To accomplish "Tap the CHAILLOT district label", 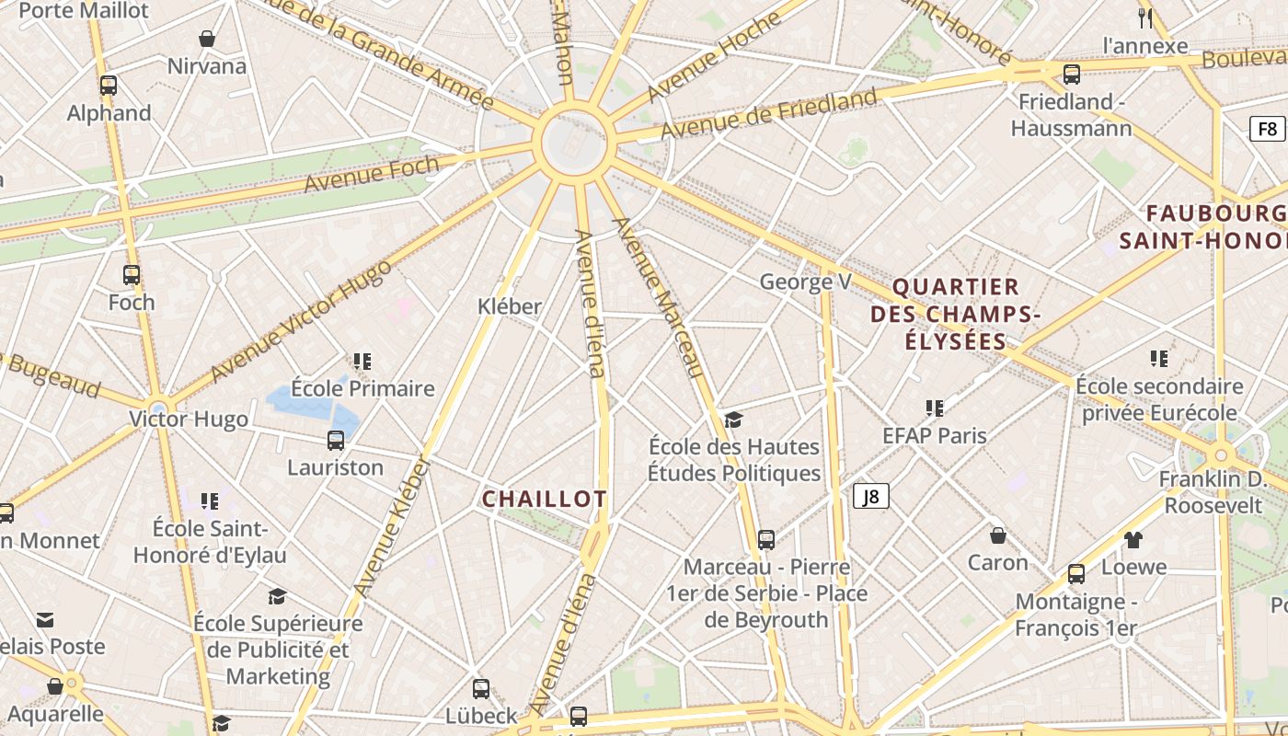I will tap(545, 499).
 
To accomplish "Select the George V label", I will tap(805, 282).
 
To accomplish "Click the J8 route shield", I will tap(870, 497).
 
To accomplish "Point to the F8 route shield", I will tap(1268, 129).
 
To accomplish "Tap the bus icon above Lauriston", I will tap(336, 441).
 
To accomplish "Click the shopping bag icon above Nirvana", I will tap(207, 39).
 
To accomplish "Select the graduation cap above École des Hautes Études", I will tap(733, 420).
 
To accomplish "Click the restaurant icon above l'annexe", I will tap(1145, 18).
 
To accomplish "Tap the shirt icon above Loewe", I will tap(1133, 540).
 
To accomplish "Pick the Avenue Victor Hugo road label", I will tap(301, 321).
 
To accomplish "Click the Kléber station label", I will tap(510, 306).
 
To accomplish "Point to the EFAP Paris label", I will tap(934, 435).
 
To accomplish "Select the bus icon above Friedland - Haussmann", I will tap(1071, 75).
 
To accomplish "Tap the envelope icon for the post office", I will tap(45, 620).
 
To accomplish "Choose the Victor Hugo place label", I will tap(189, 420).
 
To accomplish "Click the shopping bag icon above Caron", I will tap(997, 535).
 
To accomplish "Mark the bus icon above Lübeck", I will tap(481, 689).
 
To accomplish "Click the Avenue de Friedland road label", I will tap(768, 115).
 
